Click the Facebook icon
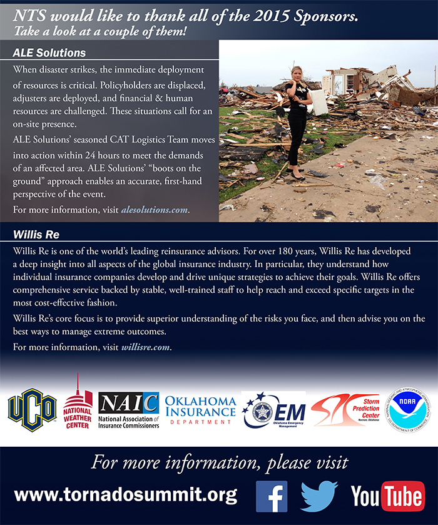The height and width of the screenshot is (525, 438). [272, 496]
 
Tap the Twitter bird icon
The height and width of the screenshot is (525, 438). [318, 496]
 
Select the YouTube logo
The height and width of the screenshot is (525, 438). [387, 496]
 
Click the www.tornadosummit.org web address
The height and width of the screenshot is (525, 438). [125, 496]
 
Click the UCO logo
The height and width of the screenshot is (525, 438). [32, 410]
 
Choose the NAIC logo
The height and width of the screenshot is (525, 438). [129, 410]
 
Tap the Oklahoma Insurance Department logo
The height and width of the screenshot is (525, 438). [200, 410]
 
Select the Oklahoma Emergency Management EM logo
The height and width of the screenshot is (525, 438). [273, 410]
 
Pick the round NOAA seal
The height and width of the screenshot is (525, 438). [407, 410]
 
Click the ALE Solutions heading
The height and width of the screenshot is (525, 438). [49, 53]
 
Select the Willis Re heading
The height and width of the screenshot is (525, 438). [36, 235]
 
